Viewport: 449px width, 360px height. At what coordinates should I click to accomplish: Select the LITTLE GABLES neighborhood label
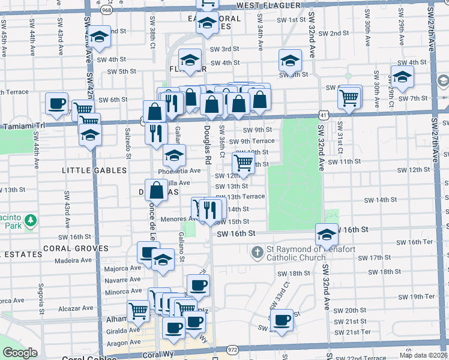[x=95, y=170]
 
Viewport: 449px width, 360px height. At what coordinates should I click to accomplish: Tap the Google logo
[x=20, y=353]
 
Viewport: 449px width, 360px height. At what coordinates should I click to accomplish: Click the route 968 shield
[x=106, y=10]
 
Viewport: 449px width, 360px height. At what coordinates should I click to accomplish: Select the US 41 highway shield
[x=324, y=113]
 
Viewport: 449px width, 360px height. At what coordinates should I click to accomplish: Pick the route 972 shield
[x=232, y=349]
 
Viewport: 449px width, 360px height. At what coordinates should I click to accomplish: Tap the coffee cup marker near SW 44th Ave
[x=56, y=103]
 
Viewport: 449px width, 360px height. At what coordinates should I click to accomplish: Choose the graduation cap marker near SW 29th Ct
[x=402, y=76]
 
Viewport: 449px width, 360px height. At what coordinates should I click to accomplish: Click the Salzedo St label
[x=128, y=144]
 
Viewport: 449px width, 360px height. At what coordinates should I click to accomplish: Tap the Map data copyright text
[x=424, y=355]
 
